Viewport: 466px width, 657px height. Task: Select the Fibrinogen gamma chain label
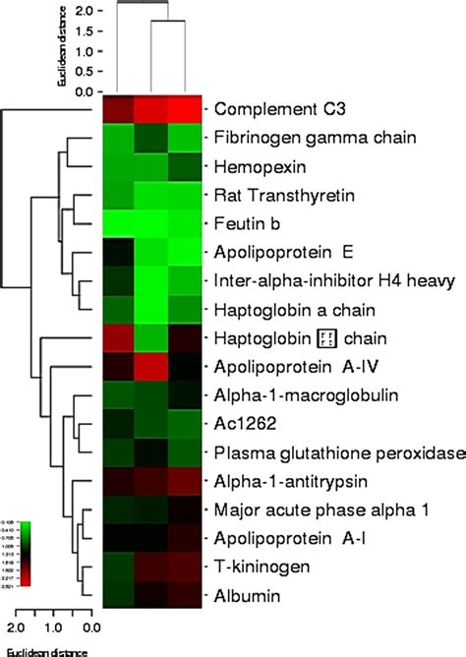(x=302, y=137)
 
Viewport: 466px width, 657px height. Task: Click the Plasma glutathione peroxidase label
(x=320, y=452)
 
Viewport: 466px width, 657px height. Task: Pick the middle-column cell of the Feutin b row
(x=152, y=223)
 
